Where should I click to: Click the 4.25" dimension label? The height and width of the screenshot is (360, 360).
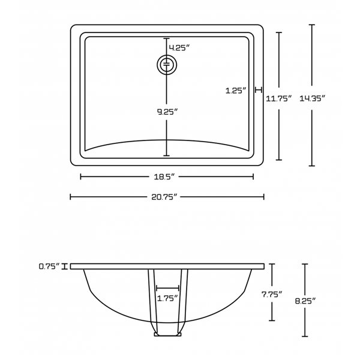point(179,47)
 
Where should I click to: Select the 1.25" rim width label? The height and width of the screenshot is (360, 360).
point(236,91)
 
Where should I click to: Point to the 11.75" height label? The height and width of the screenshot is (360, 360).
point(278,99)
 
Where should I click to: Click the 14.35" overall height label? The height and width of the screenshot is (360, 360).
point(313,99)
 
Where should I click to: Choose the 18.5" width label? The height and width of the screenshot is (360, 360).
point(167,177)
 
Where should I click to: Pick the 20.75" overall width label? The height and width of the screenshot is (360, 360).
point(167,197)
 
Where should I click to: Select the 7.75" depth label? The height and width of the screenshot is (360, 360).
point(273,294)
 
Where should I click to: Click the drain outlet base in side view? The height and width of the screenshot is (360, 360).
point(167,334)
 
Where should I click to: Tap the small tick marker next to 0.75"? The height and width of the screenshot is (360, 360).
point(71,266)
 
